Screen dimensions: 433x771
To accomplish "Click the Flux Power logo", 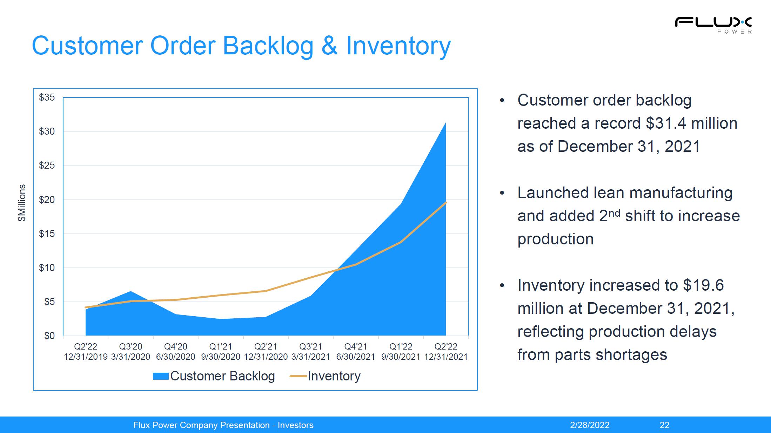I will click(x=713, y=25).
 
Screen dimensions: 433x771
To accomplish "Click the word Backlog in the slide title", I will click(x=268, y=46).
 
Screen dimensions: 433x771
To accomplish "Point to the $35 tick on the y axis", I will click(x=47, y=97).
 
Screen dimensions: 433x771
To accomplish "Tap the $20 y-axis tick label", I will click(x=47, y=200).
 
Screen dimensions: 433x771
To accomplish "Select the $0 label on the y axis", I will click(x=49, y=336).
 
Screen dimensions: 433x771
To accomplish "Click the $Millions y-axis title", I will click(x=22, y=203).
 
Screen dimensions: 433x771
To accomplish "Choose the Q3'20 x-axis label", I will click(x=130, y=347).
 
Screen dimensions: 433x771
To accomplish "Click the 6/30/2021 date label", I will click(x=356, y=357).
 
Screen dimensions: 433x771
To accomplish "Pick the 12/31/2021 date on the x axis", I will click(x=446, y=357).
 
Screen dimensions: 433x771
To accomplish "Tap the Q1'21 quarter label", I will click(x=221, y=347).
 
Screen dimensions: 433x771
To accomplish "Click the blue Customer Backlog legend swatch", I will click(x=161, y=376).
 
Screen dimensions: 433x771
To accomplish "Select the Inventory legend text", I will click(x=334, y=376).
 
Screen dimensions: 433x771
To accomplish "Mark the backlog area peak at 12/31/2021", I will click(x=446, y=123).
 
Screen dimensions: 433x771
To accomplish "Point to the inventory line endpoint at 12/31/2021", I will click(x=446, y=203).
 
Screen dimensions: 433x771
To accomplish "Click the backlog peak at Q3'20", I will click(x=130, y=291).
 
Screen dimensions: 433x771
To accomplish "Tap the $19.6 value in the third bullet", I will click(x=703, y=285).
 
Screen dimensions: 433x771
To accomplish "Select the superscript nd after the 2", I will click(x=614, y=213).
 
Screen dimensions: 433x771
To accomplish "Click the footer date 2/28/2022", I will click(x=590, y=425).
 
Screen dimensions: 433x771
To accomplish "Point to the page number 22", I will click(x=664, y=425).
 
